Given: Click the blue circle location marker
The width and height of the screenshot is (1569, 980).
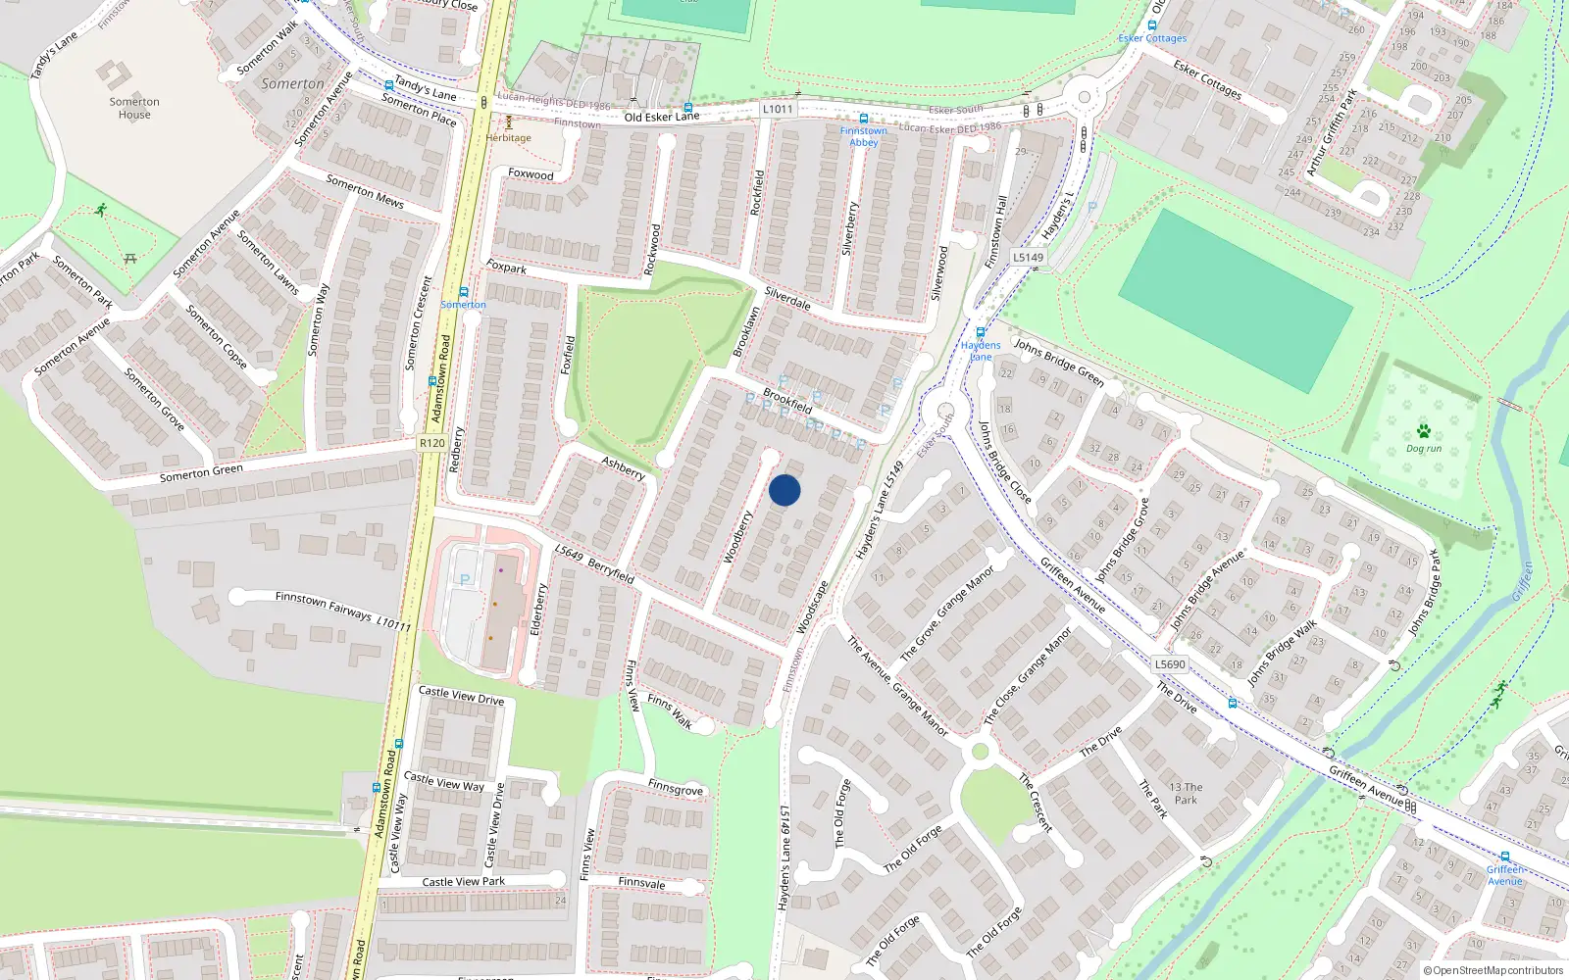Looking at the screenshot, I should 784,490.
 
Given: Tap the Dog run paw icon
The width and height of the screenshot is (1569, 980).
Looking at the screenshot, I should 1424,431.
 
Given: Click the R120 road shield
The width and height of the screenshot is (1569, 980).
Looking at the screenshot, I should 431,443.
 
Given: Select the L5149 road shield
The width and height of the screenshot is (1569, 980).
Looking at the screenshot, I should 1028,258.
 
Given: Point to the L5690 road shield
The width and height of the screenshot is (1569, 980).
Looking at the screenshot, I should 1170,664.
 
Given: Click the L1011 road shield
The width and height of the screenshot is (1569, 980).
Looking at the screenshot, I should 778,109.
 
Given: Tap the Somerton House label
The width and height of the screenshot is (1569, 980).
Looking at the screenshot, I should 134,108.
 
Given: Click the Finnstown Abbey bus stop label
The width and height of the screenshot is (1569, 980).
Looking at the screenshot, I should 863,136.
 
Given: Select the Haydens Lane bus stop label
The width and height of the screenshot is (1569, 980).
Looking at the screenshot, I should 981,350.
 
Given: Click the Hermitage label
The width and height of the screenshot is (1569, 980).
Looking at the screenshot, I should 508,138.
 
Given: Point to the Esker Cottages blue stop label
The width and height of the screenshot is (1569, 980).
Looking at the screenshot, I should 1152,38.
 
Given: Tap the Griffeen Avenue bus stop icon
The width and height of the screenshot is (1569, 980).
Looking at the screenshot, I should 1504,857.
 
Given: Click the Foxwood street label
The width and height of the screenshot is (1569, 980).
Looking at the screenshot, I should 531,174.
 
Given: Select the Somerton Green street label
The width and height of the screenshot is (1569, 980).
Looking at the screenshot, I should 201,473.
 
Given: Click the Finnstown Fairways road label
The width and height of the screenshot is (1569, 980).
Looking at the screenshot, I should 324,605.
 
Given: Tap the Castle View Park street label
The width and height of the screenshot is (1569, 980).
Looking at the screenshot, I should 463,882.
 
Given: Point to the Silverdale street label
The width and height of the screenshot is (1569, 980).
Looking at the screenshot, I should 787,298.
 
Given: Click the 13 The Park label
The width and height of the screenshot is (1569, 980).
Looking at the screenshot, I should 1186,794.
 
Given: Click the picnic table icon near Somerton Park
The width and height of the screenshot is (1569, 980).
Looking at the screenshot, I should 130,259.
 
